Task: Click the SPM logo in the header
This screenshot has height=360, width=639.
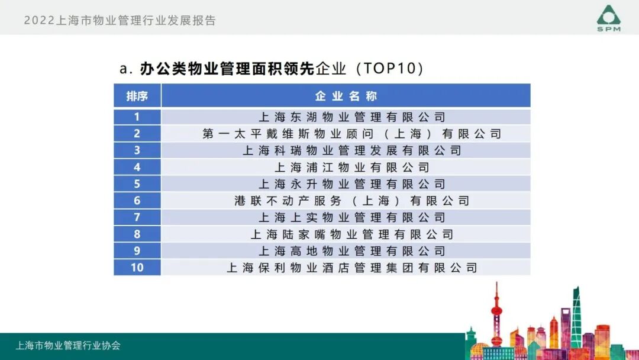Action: coord(608,18)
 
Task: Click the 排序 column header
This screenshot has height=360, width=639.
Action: coord(137,96)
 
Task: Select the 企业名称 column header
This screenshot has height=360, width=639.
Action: coord(346,96)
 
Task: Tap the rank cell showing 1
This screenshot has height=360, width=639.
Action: coord(137,117)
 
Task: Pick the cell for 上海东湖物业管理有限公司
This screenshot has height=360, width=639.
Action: coord(351,117)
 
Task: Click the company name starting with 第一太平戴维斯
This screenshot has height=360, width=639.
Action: coord(351,134)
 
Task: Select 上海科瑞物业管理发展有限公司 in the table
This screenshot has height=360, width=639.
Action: coord(351,150)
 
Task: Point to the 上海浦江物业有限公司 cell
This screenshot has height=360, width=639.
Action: coord(351,168)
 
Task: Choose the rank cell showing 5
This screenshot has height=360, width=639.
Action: coord(137,184)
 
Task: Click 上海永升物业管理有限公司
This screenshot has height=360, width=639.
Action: coord(351,184)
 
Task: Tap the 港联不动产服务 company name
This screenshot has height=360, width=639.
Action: coord(351,201)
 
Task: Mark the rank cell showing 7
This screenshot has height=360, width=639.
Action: coord(137,217)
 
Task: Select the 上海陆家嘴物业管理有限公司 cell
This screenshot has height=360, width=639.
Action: coord(351,234)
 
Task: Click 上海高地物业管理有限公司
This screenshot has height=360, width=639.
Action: coord(351,251)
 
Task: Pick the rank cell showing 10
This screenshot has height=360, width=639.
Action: coord(137,268)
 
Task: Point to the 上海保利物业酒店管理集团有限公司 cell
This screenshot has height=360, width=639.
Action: coord(351,268)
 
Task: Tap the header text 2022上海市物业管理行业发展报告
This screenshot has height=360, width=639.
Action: coord(120,21)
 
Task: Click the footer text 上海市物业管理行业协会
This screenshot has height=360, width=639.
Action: coord(68,345)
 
